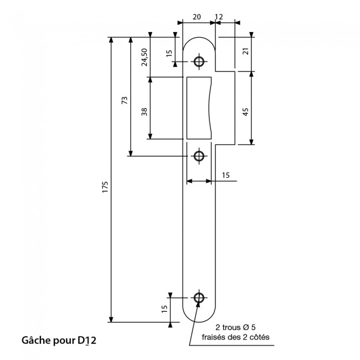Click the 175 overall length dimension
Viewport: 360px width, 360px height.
pos(105,186)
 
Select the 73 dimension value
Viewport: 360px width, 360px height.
pos(125,100)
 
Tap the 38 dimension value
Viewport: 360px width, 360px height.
pos(144,111)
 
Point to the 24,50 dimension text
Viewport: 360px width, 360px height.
pos(144,57)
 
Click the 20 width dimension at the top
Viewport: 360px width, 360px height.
pos(196,17)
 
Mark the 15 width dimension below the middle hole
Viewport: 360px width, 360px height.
pos(225,175)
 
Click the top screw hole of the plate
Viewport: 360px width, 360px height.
pos(199,60)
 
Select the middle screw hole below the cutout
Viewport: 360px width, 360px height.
pos(199,156)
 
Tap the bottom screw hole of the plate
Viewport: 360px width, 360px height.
pos(199,297)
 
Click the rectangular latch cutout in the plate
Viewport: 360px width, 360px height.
pos(199,108)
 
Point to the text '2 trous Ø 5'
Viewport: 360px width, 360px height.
pos(235,327)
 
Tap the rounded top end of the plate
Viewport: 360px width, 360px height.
pos(199,40)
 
